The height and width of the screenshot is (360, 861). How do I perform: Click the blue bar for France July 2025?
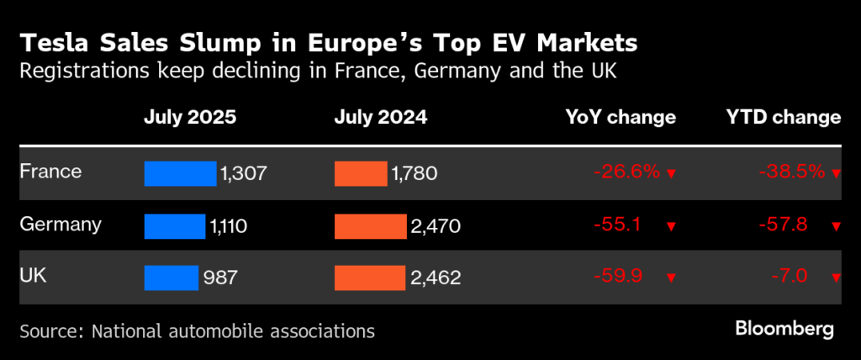180,173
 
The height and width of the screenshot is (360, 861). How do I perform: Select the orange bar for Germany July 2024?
370,225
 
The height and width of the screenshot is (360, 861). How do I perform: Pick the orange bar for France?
360,173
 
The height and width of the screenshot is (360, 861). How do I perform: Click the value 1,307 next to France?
244,173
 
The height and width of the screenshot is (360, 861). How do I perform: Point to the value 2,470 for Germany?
436,225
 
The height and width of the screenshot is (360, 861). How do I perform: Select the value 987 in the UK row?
221,278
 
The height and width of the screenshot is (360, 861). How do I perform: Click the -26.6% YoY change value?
626,172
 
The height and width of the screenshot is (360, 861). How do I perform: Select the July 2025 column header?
190,117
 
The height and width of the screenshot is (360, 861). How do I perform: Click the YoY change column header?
621,117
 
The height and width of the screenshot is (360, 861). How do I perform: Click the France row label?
50,172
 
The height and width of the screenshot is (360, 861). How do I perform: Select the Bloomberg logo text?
784,329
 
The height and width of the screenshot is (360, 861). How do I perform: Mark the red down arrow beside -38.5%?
836,174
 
